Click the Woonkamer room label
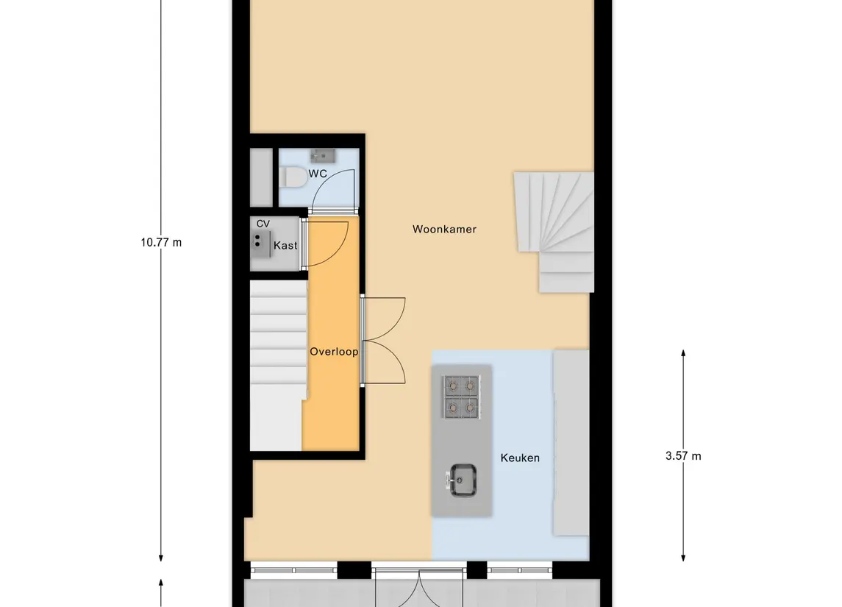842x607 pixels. point(444,230)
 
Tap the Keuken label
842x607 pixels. point(520,458)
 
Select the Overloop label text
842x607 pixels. point(334,352)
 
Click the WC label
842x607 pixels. point(318,174)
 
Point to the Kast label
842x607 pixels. point(285,245)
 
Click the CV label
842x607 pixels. point(263,224)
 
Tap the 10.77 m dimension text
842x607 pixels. point(161,242)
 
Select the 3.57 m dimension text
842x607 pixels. point(683,455)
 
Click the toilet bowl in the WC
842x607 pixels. point(293,177)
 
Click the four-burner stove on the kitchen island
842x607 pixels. point(460,395)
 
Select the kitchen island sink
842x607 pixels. point(463,480)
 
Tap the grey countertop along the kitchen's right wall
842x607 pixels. point(571,441)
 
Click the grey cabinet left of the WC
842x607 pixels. point(261,177)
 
